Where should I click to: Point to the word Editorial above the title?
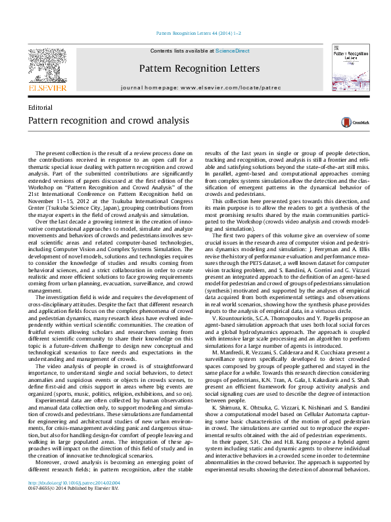point(40,107)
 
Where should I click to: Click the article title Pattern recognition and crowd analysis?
point(99,121)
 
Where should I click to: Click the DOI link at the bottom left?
point(64,501)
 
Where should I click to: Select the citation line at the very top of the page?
point(198,32)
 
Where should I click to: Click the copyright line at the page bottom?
point(74,507)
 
